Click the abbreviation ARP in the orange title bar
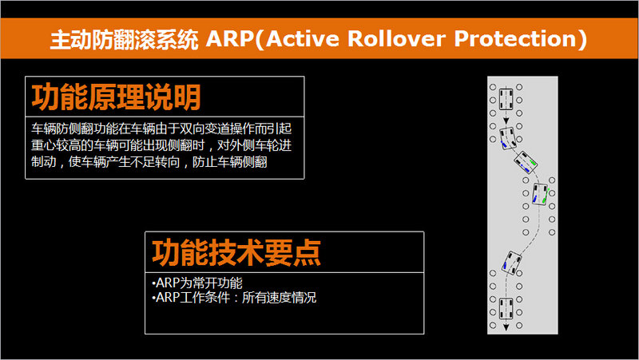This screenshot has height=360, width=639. pyautogui.click(x=230, y=39)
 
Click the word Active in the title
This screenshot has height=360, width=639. pyautogui.click(x=303, y=39)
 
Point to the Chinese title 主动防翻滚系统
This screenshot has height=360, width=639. pyautogui.click(x=125, y=39)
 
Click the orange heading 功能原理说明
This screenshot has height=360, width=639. pyautogui.click(x=116, y=97)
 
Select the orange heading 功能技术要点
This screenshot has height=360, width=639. pyautogui.click(x=236, y=252)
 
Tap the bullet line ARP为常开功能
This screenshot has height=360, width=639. pyautogui.click(x=197, y=283)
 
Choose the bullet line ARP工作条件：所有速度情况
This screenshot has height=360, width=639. pyautogui.click(x=234, y=297)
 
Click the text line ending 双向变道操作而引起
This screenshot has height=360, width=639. pyautogui.click(x=161, y=129)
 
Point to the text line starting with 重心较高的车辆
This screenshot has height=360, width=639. pyautogui.click(x=161, y=145)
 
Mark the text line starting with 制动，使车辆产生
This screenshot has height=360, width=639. pyautogui.click(x=149, y=162)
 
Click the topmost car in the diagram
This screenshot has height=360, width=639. pyautogui.click(x=506, y=99)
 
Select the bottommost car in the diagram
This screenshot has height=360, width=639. pyautogui.click(x=506, y=308)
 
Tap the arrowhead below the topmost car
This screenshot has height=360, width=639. pyautogui.click(x=506, y=121)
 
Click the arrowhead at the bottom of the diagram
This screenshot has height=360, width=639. pyautogui.click(x=506, y=327)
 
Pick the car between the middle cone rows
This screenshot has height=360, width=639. pyautogui.click(x=541, y=194)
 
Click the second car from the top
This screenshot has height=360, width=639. pyautogui.click(x=508, y=138)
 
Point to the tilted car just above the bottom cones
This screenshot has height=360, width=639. pyautogui.click(x=512, y=263)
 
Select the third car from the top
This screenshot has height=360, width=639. pyautogui.click(x=526, y=163)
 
